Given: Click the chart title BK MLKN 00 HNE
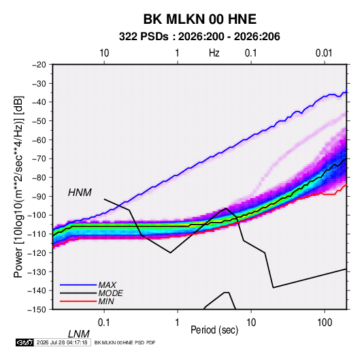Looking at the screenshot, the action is coord(199,19).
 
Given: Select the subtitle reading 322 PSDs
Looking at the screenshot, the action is coord(144,37).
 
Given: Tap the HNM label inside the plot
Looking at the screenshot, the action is coord(80,193).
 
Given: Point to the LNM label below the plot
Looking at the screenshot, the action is coord(78,334).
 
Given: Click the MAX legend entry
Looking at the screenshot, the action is coord(107,285).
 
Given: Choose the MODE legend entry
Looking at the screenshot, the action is coord(110,293).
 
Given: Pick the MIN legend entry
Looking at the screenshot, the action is coord(106,301).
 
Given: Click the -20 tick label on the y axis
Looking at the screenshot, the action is coord(39,65).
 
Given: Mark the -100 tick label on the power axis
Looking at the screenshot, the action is coord(37,215).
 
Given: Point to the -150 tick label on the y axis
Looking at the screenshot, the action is coord(37,310).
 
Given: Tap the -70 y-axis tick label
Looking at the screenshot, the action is coord(39,159).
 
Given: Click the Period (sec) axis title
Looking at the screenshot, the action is coord(214,330).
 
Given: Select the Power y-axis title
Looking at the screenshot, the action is coord(18,187).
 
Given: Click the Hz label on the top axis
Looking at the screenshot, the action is coord(214,53).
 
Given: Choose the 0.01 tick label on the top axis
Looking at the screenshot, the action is coord(324,53).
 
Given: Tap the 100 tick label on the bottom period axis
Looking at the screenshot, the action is coord(325,323).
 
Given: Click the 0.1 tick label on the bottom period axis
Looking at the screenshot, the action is coord(103,323).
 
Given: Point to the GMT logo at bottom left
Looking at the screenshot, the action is coord(25,342).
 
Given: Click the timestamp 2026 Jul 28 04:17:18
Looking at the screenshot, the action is coord(62,342).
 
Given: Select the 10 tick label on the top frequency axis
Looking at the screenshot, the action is coord(104,53).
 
